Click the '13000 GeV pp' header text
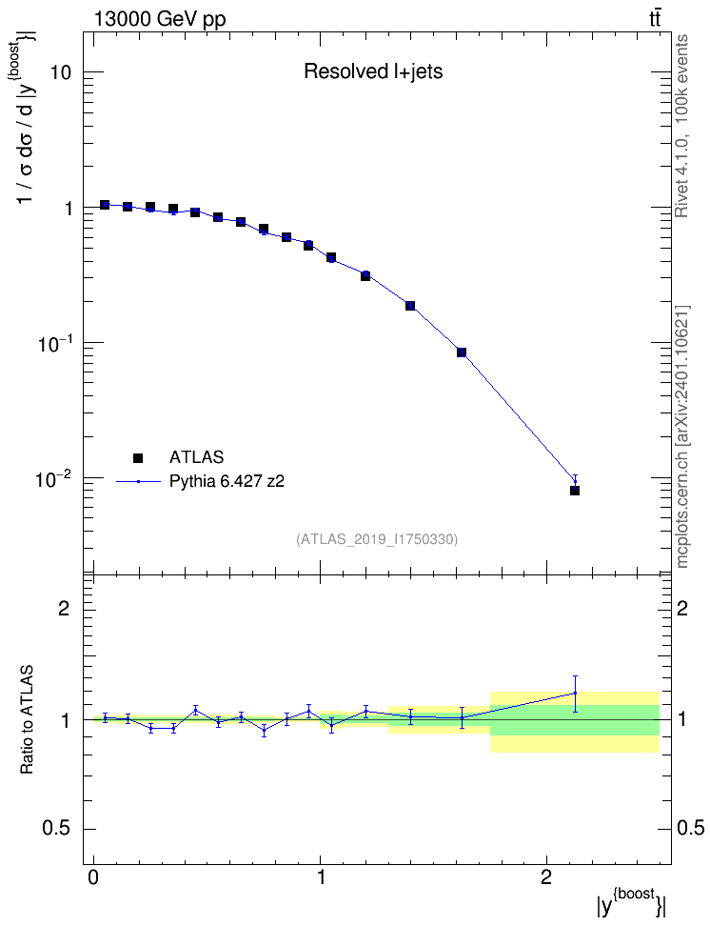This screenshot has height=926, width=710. [x=159, y=19]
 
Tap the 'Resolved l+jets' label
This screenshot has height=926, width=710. [x=373, y=71]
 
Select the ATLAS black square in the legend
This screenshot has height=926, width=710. [x=138, y=457]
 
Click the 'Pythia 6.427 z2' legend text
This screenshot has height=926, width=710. [x=227, y=482]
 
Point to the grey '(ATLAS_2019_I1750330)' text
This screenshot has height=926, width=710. [x=377, y=539]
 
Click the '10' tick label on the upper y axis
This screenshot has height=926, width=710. [x=59, y=73]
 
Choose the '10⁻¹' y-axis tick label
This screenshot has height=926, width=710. [x=53, y=343]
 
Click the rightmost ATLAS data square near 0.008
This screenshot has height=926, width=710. [x=575, y=491]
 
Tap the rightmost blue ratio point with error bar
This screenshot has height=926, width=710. [x=575, y=694]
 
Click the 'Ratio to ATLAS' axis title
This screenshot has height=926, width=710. [x=27, y=719]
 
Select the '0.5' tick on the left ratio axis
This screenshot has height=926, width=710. [x=57, y=829]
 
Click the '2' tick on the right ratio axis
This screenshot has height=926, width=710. [x=682, y=608]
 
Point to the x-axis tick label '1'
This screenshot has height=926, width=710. [x=321, y=877]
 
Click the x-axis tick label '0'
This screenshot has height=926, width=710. [x=94, y=877]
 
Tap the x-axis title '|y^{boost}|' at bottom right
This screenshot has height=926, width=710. [x=631, y=903]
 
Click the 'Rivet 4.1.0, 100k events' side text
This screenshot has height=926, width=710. [x=681, y=126]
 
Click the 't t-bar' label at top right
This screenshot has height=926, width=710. [x=655, y=19]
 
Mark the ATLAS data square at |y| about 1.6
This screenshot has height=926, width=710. [x=462, y=352]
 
